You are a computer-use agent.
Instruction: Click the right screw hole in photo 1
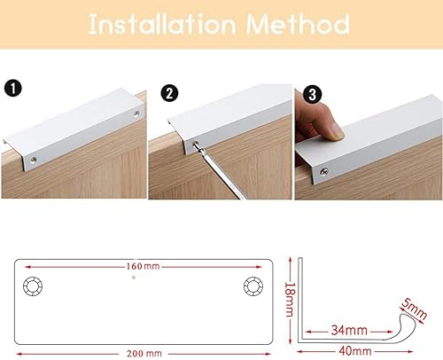tap(136, 115)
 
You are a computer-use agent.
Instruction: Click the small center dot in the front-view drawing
tap(134, 277)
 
